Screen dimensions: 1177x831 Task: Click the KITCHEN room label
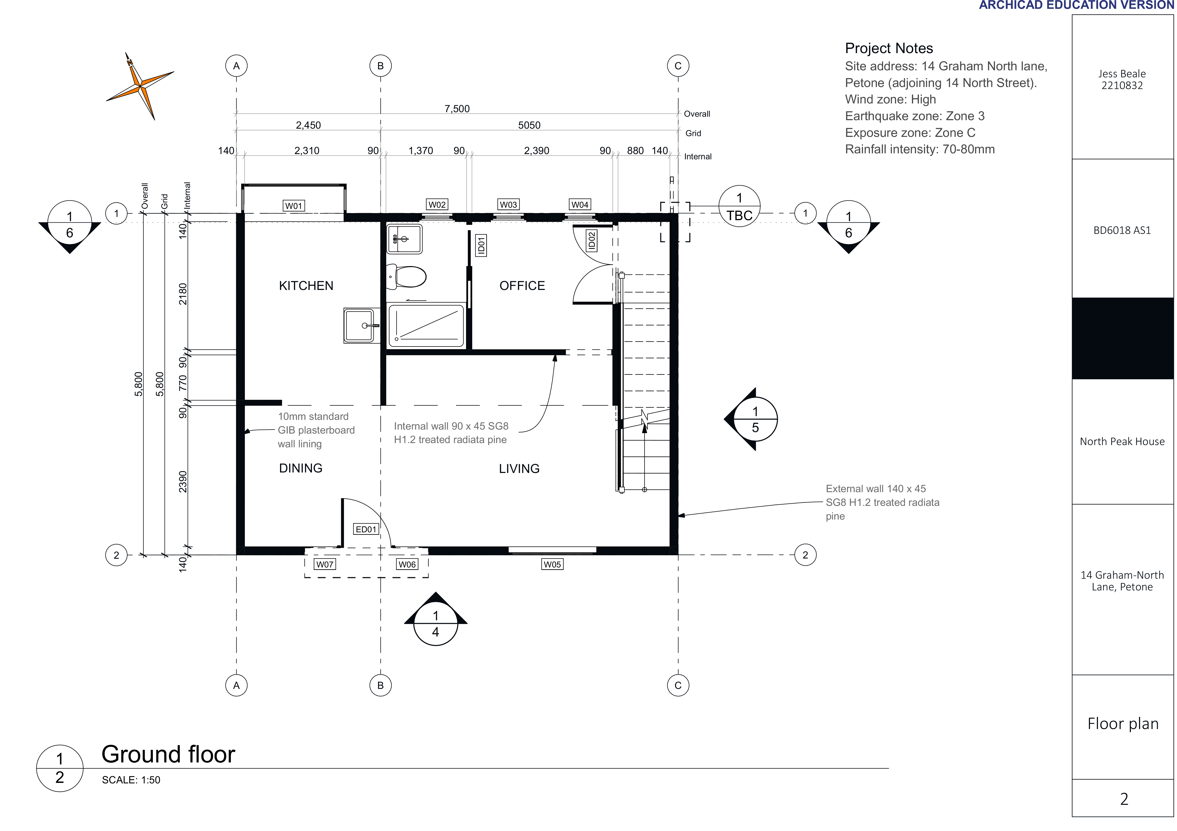[x=306, y=285]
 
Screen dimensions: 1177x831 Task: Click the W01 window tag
[x=294, y=206]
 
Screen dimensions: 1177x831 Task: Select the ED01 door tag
[x=366, y=529]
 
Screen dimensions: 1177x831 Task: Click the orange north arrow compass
[x=140, y=86]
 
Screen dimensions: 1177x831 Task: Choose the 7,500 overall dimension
[x=457, y=109]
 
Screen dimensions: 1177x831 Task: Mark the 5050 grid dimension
[x=529, y=125]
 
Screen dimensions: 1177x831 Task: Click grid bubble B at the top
[x=380, y=66]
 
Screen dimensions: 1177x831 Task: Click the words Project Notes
[x=889, y=48]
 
